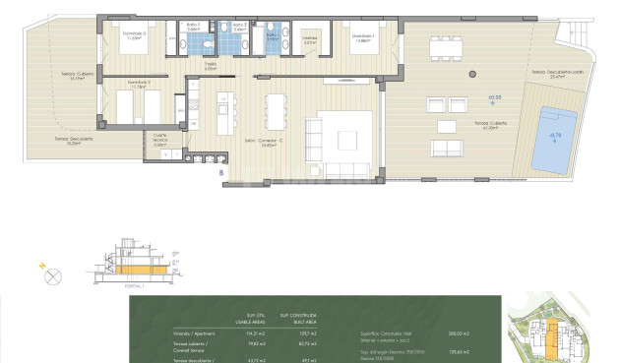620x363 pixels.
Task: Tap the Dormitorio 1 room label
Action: [364, 38]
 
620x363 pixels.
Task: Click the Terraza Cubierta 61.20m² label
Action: [490, 126]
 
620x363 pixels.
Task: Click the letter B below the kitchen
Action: [221, 173]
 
